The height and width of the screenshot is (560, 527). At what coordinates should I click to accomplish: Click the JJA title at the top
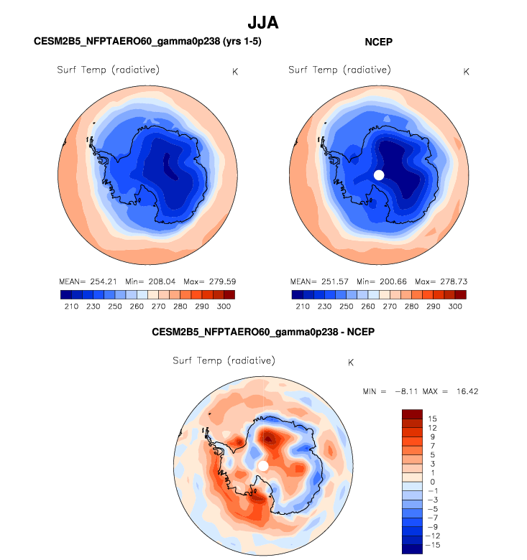point(262,23)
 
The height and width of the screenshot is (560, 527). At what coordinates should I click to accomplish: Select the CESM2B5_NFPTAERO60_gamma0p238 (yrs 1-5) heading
point(147,42)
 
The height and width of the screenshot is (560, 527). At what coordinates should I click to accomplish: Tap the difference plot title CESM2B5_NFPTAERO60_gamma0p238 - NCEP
point(263,332)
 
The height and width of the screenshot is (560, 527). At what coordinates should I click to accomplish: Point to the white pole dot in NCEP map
point(379,174)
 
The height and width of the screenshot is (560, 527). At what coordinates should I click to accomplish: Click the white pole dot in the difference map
point(263,466)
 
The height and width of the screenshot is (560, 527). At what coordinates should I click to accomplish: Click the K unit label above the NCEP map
point(466,71)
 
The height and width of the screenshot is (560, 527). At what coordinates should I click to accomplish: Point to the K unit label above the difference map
point(350,362)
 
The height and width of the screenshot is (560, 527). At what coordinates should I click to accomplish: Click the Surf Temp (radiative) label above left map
point(108,70)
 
